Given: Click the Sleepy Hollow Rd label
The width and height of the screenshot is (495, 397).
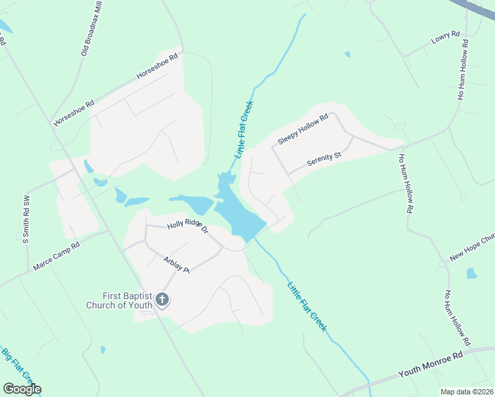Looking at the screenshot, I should pyautogui.click(x=303, y=130).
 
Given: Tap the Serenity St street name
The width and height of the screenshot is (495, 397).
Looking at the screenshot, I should pyautogui.click(x=324, y=159).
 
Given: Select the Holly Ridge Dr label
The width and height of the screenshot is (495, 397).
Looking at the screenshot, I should pyautogui.click(x=188, y=228).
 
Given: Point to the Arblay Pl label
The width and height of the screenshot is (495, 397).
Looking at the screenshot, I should pyautogui.click(x=177, y=265).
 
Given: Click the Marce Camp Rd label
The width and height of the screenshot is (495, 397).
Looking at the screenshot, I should pyautogui.click(x=56, y=257).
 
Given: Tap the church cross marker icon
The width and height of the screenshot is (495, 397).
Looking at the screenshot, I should pyautogui.click(x=161, y=300).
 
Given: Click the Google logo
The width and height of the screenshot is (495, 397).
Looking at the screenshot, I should pyautogui.click(x=22, y=389).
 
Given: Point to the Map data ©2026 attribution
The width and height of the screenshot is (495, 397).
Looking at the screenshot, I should pyautogui.click(x=467, y=392).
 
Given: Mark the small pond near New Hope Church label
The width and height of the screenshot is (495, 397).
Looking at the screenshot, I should pyautogui.click(x=471, y=273).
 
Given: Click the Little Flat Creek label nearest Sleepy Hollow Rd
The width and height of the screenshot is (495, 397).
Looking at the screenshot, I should pyautogui.click(x=244, y=129).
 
